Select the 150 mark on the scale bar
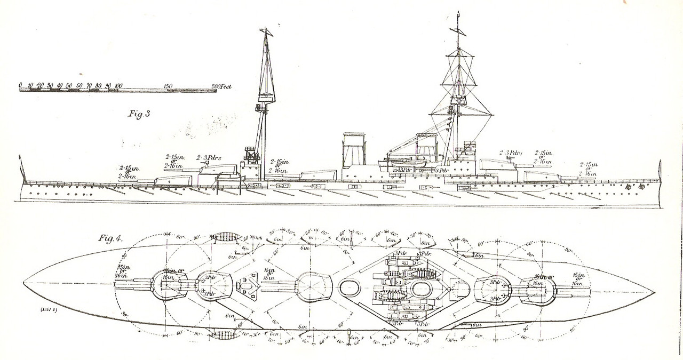pyautogui.click(x=168, y=85)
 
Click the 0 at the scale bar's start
pyautogui.click(x=20, y=85)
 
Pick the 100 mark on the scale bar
pyautogui.click(x=118, y=85)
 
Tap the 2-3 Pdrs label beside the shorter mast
pyautogui.click(x=209, y=158)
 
